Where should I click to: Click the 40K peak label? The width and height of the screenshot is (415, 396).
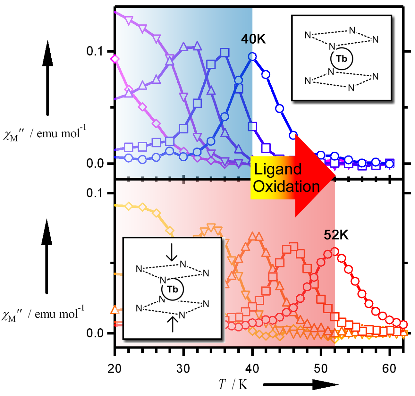click(253, 39)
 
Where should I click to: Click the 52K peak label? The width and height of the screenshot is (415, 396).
click(336, 235)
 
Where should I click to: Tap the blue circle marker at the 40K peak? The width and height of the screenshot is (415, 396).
click(252, 57)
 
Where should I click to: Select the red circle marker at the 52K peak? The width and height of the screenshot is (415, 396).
click(335, 252)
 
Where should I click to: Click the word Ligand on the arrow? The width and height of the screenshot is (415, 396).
click(278, 169)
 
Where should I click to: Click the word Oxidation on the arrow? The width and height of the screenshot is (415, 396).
click(286, 186)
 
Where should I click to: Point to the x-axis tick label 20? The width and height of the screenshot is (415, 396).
click(114, 369)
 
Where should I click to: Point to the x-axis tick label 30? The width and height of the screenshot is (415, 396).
click(183, 369)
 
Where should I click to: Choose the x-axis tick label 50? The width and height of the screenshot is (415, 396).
click(321, 369)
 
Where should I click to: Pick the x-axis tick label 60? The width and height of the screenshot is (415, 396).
click(389, 369)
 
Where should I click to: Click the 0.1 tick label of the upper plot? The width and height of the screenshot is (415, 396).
click(95, 51)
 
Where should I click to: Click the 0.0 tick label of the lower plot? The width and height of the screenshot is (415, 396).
click(95, 333)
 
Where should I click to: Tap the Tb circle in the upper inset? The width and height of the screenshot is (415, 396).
click(342, 59)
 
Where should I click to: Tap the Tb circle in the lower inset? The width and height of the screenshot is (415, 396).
click(172, 290)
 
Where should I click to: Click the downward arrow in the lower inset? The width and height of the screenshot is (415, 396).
click(172, 252)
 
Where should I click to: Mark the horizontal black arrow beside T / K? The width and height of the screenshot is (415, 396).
click(301, 384)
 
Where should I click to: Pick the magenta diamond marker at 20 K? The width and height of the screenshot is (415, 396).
click(115, 59)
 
